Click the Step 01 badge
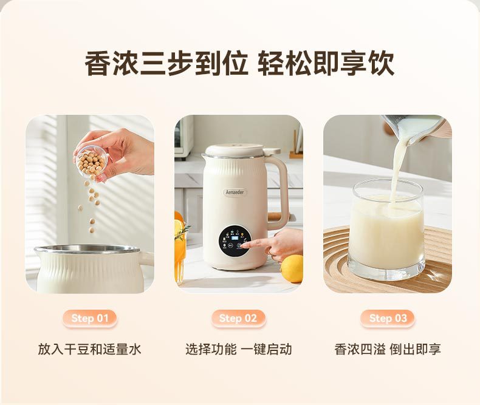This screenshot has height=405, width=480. (x=90, y=318)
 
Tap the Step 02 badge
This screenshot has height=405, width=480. (x=238, y=318)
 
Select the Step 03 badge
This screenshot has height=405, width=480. (x=388, y=318)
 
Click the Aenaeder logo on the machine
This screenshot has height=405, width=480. (x=235, y=192)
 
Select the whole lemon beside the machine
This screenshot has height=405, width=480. (x=292, y=268)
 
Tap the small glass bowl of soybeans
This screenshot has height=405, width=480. (x=92, y=162)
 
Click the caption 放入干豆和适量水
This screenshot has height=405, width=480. (x=89, y=349)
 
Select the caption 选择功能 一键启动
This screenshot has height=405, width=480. (x=238, y=349)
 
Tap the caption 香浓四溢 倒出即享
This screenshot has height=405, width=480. (x=388, y=349)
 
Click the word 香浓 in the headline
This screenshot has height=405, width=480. (x=111, y=63)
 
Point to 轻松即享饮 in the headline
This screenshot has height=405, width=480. (x=326, y=63)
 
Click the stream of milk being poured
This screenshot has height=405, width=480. (x=397, y=171)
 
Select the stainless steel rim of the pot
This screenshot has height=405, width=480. (x=88, y=250)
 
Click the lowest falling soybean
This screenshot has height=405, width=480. (x=92, y=230)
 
